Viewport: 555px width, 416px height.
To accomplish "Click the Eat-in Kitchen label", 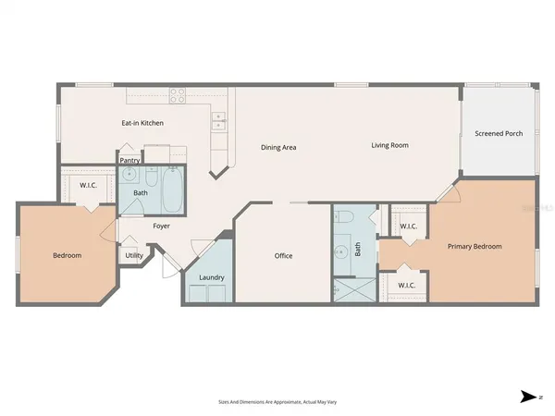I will pyautogui.click(x=142, y=122).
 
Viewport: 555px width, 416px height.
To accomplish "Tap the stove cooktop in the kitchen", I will pyautogui.click(x=178, y=93).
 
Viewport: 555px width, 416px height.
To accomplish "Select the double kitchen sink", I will pyautogui.click(x=218, y=118).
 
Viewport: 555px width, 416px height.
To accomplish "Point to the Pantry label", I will pyautogui.click(x=129, y=160).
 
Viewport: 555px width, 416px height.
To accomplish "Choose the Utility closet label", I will pyautogui.click(x=134, y=255).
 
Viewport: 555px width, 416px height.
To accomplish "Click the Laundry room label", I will pyautogui.click(x=212, y=277).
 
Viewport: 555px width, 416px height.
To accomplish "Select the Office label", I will pyautogui.click(x=283, y=255).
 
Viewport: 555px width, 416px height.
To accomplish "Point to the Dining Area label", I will pyautogui.click(x=278, y=146).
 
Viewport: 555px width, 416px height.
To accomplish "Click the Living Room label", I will pyautogui.click(x=389, y=145).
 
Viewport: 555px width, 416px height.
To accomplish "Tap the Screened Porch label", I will pyautogui.click(x=499, y=133).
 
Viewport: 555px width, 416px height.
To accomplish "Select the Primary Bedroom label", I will pyautogui.click(x=475, y=246).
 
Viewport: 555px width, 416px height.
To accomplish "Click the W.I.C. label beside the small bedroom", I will pyautogui.click(x=89, y=185).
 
